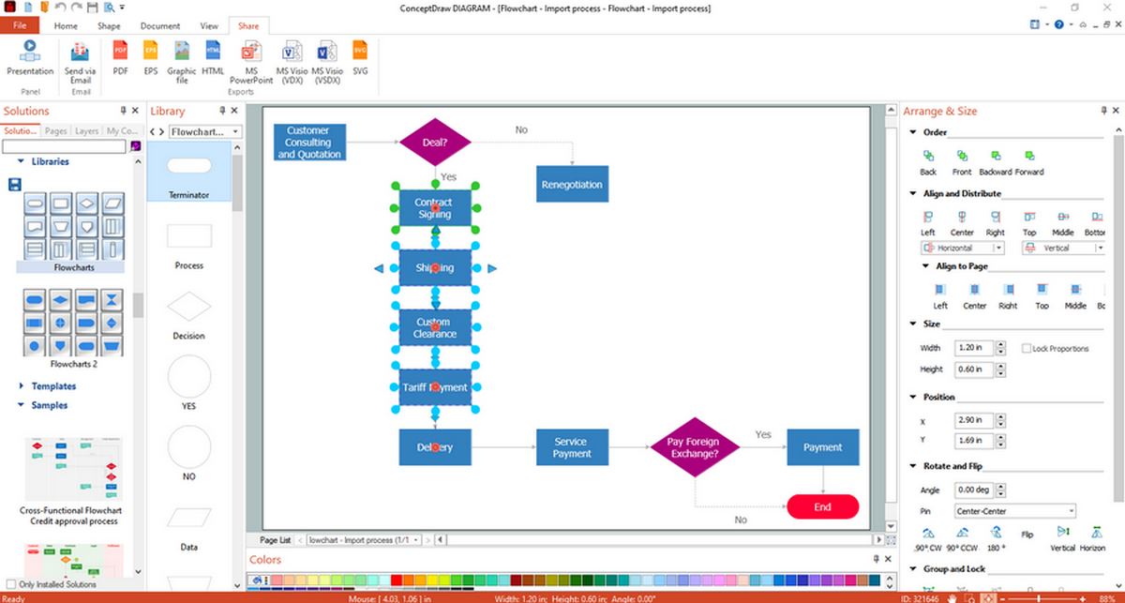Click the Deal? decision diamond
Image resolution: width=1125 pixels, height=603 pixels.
click(434, 143)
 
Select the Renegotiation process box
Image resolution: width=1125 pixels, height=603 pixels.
click(572, 185)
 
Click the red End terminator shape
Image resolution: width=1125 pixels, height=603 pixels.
click(822, 506)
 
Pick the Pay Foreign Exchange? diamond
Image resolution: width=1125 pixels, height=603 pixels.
click(694, 447)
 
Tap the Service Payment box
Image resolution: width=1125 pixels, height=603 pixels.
click(572, 447)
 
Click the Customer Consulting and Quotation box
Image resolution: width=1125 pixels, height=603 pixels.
click(309, 143)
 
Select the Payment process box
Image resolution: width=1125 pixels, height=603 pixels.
click(822, 447)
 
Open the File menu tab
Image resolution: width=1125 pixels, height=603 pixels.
click(20, 26)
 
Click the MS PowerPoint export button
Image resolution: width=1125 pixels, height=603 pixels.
click(251, 60)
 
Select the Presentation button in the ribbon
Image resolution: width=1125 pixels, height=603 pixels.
click(30, 56)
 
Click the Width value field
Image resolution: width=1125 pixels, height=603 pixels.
click(972, 348)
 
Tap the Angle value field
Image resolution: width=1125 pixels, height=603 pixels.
click(972, 490)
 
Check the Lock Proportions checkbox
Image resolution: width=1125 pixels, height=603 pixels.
click(1027, 348)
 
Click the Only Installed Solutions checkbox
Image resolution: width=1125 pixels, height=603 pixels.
click(11, 584)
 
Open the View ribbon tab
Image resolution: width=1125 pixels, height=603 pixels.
click(209, 26)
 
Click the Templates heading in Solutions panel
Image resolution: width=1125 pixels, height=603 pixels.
click(53, 386)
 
